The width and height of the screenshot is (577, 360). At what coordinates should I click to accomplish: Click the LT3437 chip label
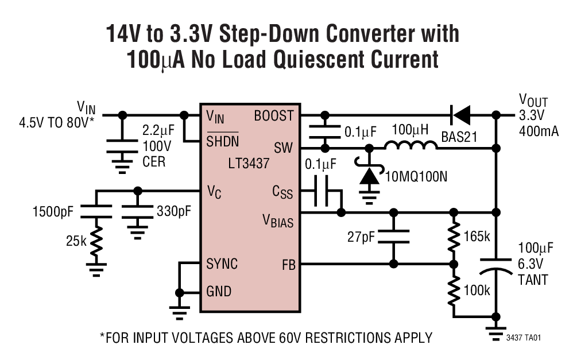coord(250,164)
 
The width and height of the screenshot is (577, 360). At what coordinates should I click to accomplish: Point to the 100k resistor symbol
coord(454,290)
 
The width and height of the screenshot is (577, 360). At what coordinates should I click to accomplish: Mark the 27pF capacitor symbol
coord(394,238)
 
